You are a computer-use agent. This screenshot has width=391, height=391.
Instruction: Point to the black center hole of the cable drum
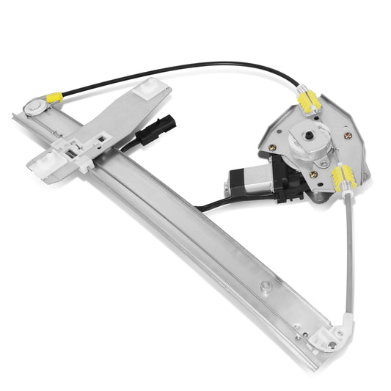click(x=307, y=138)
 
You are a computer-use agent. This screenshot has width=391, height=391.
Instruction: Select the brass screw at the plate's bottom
click(x=313, y=175)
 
